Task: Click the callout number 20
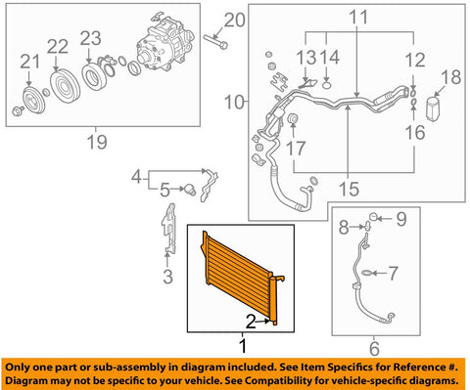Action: point(234,21)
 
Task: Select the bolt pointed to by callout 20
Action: point(215,42)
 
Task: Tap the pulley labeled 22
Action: point(65,87)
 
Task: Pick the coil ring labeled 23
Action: point(93,76)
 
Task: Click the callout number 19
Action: point(97,142)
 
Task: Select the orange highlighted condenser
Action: point(243,278)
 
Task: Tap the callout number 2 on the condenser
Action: point(251,322)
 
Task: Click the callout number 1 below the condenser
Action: point(243,346)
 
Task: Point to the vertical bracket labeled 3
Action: point(168,229)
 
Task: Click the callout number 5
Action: point(164,190)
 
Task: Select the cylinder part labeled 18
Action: point(434,108)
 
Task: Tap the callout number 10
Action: point(234,102)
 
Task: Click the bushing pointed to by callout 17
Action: point(293,119)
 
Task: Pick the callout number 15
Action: point(349,189)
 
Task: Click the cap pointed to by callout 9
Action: point(373,216)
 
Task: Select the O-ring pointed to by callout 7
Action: point(367,273)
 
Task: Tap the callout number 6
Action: point(374,348)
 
